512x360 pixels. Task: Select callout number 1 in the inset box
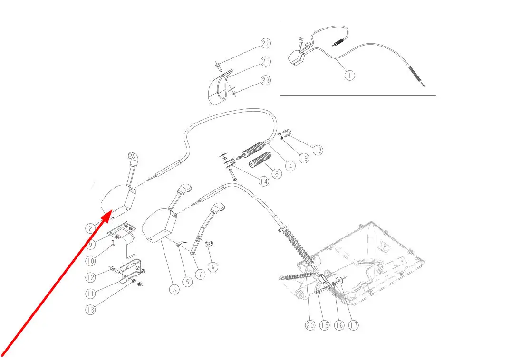click(x=349, y=75)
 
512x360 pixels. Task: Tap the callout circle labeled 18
click(x=318, y=150)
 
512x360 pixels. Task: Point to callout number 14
click(x=263, y=181)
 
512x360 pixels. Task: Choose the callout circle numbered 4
click(x=290, y=166)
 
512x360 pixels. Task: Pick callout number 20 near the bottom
click(x=310, y=325)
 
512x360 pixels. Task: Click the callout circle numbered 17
click(x=354, y=325)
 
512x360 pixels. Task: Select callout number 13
click(x=90, y=309)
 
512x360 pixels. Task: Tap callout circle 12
click(x=90, y=277)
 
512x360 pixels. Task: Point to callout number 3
click(x=174, y=288)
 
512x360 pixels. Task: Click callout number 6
click(x=213, y=267)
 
